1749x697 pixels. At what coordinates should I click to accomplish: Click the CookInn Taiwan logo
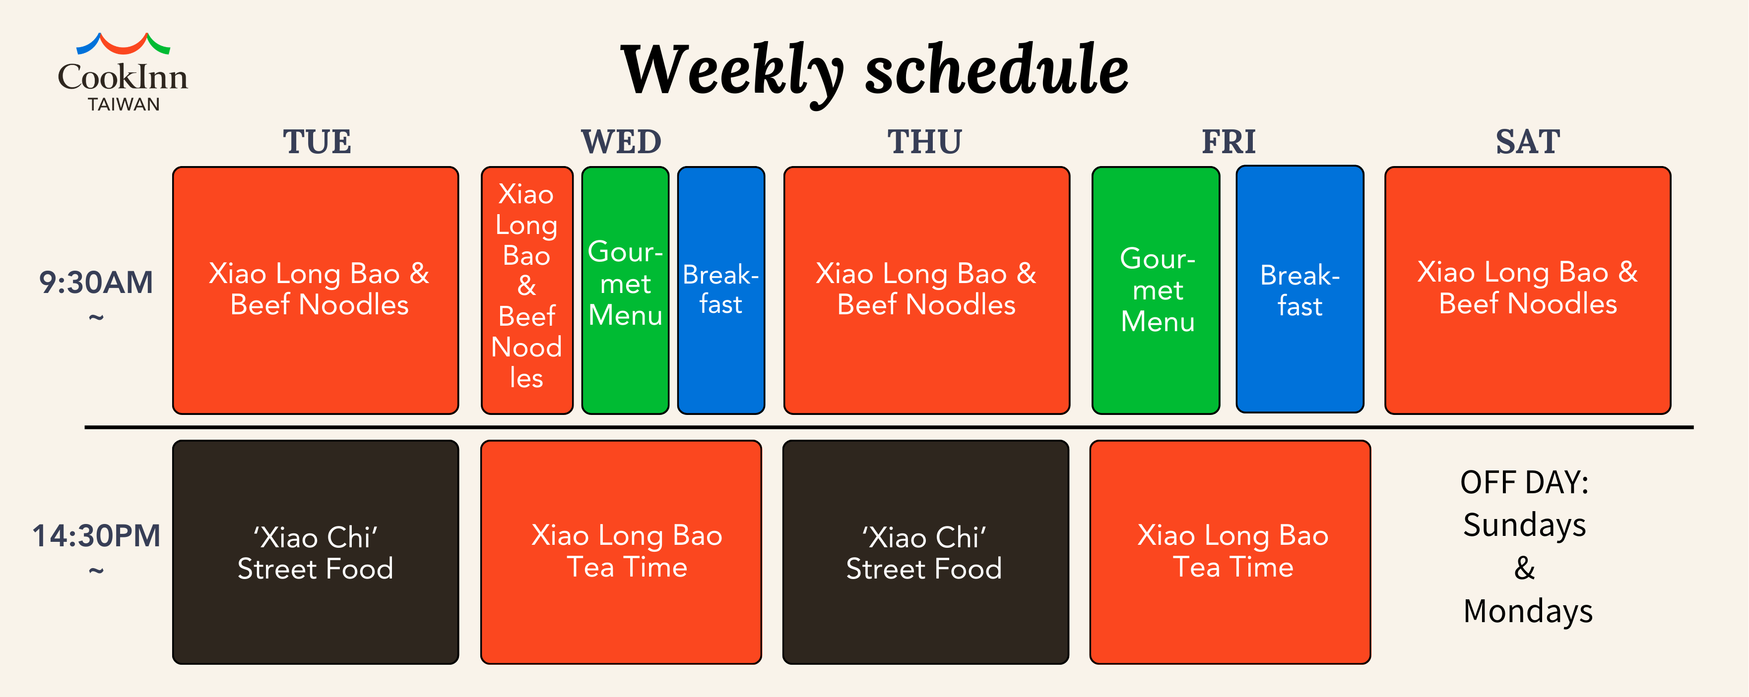pos(123,72)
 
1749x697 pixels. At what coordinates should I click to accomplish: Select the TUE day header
pos(317,142)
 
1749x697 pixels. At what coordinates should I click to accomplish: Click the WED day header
pos(621,142)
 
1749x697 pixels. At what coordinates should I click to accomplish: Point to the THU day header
pos(925,142)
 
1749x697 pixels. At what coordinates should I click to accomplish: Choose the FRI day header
pos(1229,142)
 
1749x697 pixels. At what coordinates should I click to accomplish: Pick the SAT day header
pos(1528,142)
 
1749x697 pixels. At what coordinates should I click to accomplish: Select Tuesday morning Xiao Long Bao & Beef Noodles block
pos(316,290)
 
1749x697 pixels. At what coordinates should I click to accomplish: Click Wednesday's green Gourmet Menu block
pos(625,290)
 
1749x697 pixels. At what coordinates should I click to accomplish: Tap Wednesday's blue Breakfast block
pos(721,290)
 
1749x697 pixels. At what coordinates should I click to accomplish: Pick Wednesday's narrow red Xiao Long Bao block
pos(527,290)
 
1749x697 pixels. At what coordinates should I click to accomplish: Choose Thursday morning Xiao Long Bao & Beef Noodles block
pos(927,290)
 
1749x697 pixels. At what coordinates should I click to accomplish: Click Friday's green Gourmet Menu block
pos(1156,290)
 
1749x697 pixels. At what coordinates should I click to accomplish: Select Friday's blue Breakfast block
pos(1300,289)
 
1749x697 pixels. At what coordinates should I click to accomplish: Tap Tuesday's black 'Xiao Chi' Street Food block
pos(316,552)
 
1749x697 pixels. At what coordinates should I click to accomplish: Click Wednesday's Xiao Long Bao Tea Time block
pos(621,552)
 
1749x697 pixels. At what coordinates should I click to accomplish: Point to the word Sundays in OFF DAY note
pos(1524,526)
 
